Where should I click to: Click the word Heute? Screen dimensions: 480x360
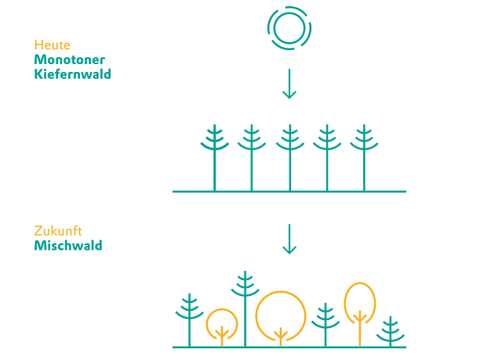coord(52,45)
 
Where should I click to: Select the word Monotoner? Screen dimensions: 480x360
coord(70,60)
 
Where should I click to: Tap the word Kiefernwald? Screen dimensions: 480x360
coord(73,74)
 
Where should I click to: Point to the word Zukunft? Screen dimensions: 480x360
coord(58,231)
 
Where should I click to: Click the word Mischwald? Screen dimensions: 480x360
coord(68,246)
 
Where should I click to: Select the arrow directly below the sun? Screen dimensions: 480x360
coord(289,84)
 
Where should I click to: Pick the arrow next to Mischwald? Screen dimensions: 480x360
coord(289,239)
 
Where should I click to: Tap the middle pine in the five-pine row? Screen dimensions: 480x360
coord(290,158)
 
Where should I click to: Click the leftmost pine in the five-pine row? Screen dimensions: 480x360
coord(215,158)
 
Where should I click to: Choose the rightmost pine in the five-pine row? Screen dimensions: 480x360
coord(364,158)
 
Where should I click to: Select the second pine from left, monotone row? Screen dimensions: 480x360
coord(252,158)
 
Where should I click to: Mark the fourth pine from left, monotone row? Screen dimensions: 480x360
coord(327,158)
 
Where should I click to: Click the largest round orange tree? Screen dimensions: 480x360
coord(281,291)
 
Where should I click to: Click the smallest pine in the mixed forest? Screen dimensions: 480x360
coord(390,333)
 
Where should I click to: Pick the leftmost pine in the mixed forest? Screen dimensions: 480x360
coord(189,320)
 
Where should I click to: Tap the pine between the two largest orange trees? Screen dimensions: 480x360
coord(325,325)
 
